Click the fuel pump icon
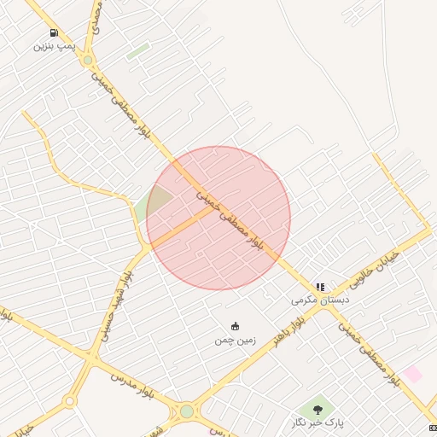tap(55, 33)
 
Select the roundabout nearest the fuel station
tap(87, 61)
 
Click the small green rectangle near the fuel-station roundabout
tap(137, 51)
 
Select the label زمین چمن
tap(235, 340)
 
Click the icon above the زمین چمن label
tap(235, 326)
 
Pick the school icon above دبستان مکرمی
tap(320, 288)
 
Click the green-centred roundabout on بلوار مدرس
tap(187, 411)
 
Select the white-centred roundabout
tap(69, 400)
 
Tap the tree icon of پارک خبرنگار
tap(318, 411)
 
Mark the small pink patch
tap(412, 374)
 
